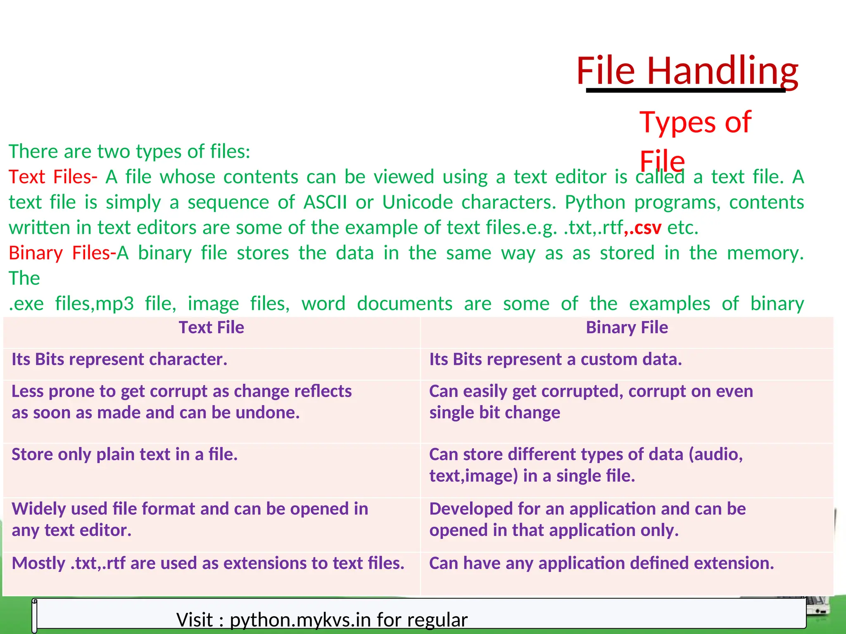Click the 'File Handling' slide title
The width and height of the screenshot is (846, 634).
click(x=687, y=71)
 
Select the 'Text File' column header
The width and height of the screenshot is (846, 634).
click(x=211, y=328)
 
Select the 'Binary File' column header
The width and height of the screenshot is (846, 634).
click(x=627, y=328)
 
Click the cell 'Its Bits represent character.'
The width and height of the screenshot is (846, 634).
click(x=119, y=360)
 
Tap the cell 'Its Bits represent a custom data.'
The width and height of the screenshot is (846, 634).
click(x=555, y=360)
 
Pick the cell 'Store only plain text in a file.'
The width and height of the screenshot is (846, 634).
click(x=124, y=454)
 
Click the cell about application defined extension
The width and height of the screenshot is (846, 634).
click(x=601, y=563)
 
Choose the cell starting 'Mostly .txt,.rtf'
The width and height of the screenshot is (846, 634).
click(x=208, y=563)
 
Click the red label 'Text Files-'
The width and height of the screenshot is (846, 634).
click(x=53, y=177)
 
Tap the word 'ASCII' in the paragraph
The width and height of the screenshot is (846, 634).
click(x=325, y=203)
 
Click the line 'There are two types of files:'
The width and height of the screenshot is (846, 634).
click(x=129, y=151)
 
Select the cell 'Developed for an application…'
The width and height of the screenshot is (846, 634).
click(x=587, y=520)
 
